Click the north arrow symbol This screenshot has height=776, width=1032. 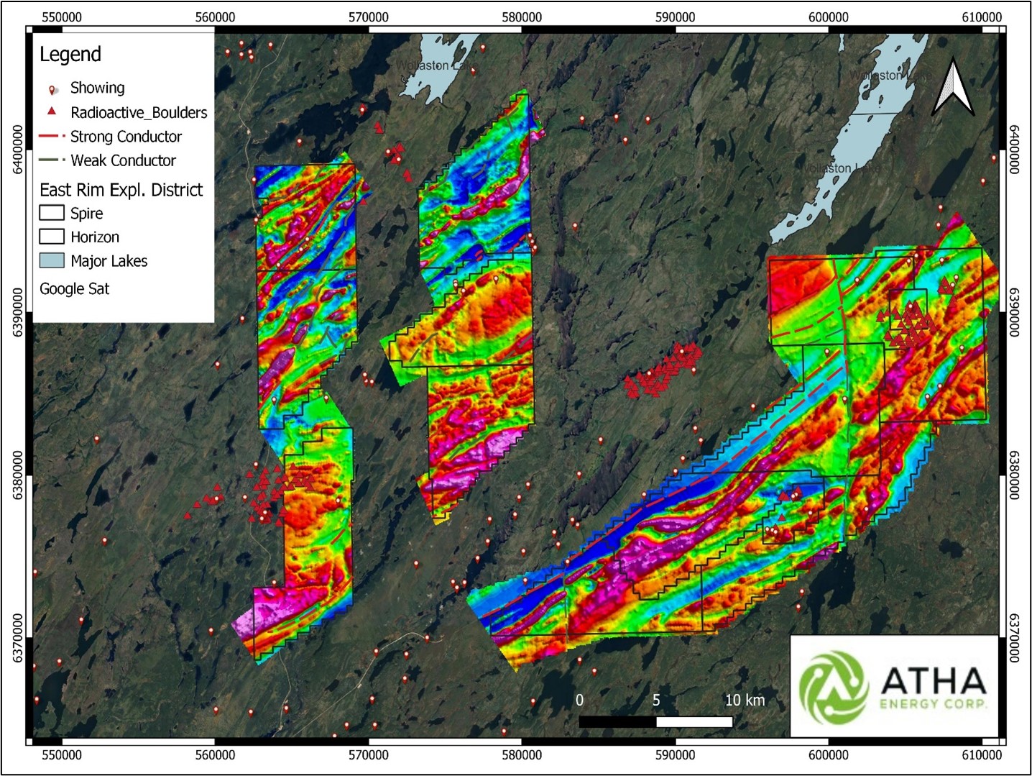pyautogui.click(x=953, y=88)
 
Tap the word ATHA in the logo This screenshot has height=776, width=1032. pyautogui.click(x=933, y=680)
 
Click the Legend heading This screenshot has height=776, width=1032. pyautogui.click(x=70, y=55)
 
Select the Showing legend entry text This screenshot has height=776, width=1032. pyautogui.click(x=97, y=88)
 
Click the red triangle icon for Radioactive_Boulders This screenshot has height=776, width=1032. pyautogui.click(x=52, y=111)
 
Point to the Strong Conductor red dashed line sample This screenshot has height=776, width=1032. pyautogui.click(x=52, y=136)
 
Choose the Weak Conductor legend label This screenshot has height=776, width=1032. pyautogui.click(x=123, y=160)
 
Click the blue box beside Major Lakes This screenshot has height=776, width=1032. pyautogui.click(x=52, y=260)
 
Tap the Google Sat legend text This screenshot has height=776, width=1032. pyautogui.click(x=75, y=288)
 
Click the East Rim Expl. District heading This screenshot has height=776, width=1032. pyautogui.click(x=121, y=190)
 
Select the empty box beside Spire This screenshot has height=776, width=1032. pyautogui.click(x=52, y=213)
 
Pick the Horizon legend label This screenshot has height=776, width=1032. pyautogui.click(x=95, y=237)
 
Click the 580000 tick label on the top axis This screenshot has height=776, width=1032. pyautogui.click(x=522, y=17)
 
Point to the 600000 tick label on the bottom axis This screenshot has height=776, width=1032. pyautogui.click(x=828, y=754)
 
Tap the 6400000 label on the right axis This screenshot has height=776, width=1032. pyautogui.click(x=1013, y=150)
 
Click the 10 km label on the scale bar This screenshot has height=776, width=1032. pyautogui.click(x=745, y=700)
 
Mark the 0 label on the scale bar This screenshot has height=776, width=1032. pyautogui.click(x=579, y=700)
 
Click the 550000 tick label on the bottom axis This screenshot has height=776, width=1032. pyautogui.click(x=62, y=754)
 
